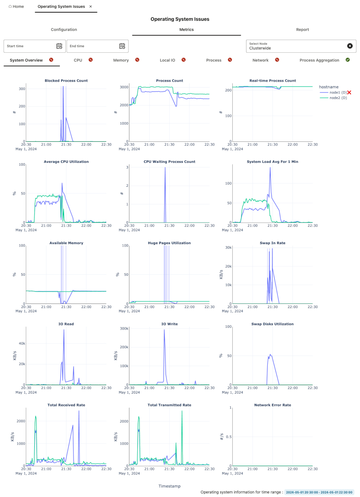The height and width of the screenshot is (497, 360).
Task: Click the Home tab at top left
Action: click(16, 6)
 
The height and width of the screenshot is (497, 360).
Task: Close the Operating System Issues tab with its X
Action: click(91, 6)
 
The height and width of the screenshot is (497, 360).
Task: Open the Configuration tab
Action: click(64, 30)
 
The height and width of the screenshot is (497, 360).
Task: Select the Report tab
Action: click(302, 30)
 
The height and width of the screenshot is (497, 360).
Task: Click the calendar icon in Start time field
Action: click(59, 46)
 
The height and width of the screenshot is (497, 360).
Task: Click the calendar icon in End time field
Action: click(122, 46)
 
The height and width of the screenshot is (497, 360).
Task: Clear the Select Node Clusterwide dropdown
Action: click(350, 46)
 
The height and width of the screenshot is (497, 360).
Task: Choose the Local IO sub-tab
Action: click(167, 60)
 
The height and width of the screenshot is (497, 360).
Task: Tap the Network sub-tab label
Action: click(260, 60)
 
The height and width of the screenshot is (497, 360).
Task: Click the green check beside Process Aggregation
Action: click(348, 60)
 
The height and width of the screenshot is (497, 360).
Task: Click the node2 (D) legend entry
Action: click(338, 98)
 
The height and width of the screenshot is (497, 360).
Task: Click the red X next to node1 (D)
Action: click(349, 93)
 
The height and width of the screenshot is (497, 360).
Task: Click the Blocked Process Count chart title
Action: click(66, 81)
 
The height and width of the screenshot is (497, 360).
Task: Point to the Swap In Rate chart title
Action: click(272, 243)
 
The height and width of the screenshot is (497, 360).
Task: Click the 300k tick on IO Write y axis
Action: click(124, 329)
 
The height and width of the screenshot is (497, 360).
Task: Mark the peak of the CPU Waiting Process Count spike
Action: click(165, 168)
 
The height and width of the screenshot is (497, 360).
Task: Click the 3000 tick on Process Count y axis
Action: click(124, 87)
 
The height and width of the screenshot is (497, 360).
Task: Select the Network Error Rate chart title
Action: click(272, 405)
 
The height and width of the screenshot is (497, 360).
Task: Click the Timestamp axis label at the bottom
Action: click(169, 486)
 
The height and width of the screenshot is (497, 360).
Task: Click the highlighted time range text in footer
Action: click(319, 492)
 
